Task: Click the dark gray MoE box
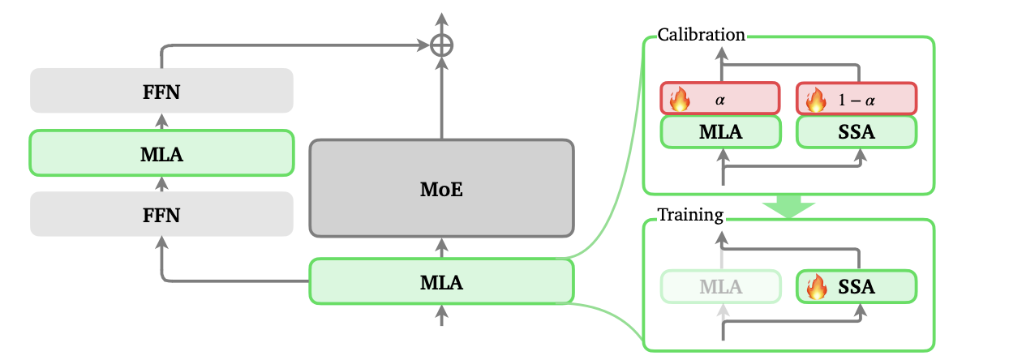(x=441, y=188)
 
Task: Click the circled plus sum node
(x=441, y=46)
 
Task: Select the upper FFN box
(x=161, y=91)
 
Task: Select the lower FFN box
(x=161, y=215)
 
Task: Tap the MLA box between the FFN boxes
(x=161, y=152)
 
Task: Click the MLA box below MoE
(x=441, y=281)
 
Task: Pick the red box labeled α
(x=720, y=99)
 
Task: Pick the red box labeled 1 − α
(x=857, y=99)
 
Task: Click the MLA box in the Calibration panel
(x=720, y=132)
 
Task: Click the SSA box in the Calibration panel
(x=857, y=132)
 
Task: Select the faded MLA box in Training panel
(x=720, y=286)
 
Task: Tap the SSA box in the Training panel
(x=857, y=286)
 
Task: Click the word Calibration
(x=701, y=35)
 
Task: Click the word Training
(x=689, y=216)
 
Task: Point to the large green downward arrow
(x=788, y=206)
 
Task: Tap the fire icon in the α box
(x=678, y=100)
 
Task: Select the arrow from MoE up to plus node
(x=441, y=97)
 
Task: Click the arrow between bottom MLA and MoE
(x=441, y=247)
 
